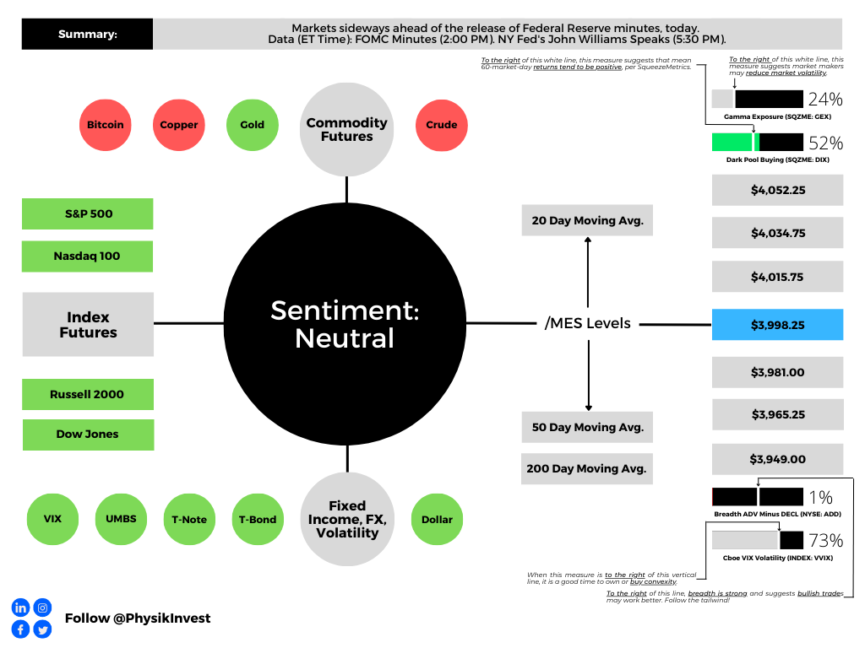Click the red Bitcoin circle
[106, 125]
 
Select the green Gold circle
[252, 125]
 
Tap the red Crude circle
[442, 125]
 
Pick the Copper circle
[179, 125]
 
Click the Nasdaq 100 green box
[88, 256]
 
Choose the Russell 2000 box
[88, 394]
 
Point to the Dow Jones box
[88, 435]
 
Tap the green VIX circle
[52, 520]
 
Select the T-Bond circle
[256, 520]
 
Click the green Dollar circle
[438, 520]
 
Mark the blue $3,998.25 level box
[777, 325]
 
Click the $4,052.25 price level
[777, 190]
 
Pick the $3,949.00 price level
[777, 460]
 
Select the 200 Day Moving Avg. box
[587, 468]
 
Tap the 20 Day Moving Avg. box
[587, 221]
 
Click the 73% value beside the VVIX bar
[825, 540]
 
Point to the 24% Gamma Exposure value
[825, 99]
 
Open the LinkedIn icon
[20, 607]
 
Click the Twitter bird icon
[41, 629]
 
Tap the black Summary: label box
[88, 35]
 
